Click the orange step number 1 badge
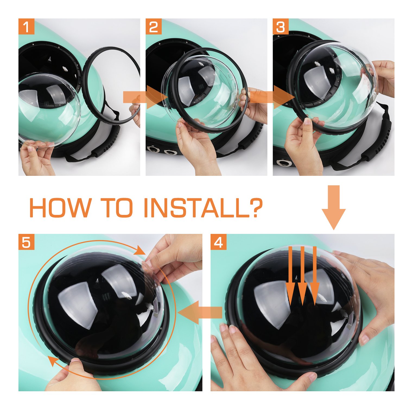pos(26,26)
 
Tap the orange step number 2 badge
pos(154,26)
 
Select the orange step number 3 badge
pos(281,26)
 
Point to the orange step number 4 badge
pos(219,242)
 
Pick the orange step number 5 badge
pos(26,242)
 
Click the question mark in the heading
pos(253,208)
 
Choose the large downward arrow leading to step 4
pos(334,208)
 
